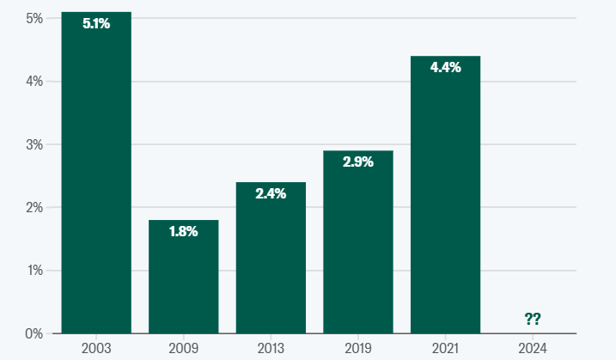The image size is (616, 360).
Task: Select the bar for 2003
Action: [96, 173]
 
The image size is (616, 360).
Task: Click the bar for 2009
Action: [184, 277]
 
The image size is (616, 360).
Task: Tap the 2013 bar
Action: [271, 258]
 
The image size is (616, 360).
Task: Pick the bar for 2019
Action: [358, 242]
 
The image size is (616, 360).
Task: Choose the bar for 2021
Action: [446, 194]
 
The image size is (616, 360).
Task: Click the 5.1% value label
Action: [96, 23]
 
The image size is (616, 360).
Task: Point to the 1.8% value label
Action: [184, 231]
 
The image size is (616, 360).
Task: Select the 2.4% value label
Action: [271, 193]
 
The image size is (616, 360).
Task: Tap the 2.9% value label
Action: [358, 162]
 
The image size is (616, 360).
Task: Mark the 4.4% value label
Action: [446, 67]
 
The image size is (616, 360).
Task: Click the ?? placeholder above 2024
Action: [533, 319]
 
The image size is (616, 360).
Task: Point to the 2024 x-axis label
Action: [533, 348]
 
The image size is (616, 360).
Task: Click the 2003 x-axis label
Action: [96, 348]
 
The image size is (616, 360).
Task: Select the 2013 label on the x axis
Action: [271, 348]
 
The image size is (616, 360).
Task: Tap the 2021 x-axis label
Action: [446, 348]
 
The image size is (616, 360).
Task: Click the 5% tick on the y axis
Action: [34, 18]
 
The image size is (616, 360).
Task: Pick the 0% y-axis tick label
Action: [34, 333]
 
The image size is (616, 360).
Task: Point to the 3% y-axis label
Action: [34, 144]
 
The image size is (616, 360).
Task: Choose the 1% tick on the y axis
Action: [35, 271]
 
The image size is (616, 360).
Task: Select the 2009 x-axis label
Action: [184, 348]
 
